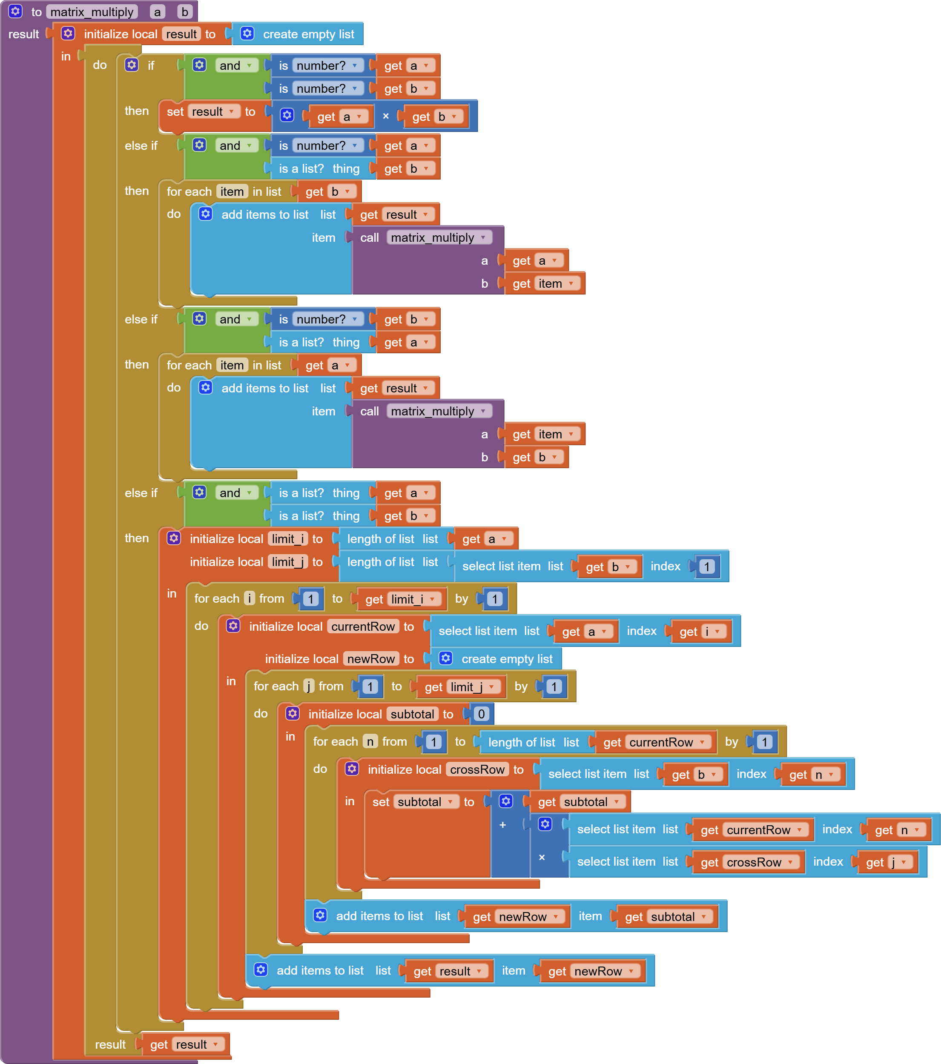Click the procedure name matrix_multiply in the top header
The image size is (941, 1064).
(92, 12)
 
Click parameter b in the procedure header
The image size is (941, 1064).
(184, 12)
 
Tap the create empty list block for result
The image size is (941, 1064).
(308, 34)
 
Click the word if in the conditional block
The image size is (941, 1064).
(151, 66)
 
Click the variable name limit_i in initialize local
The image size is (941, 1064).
(288, 539)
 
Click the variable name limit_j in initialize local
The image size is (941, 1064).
(288, 562)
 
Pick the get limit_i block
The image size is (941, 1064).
(401, 599)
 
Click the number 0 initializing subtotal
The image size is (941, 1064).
(481, 714)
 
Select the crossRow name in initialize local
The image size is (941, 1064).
(477, 769)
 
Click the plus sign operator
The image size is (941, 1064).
(502, 824)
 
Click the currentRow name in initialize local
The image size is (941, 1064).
(362, 626)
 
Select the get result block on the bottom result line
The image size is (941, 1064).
(182, 1045)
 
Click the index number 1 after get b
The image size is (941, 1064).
(707, 566)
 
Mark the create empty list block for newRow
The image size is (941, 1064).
(498, 659)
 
